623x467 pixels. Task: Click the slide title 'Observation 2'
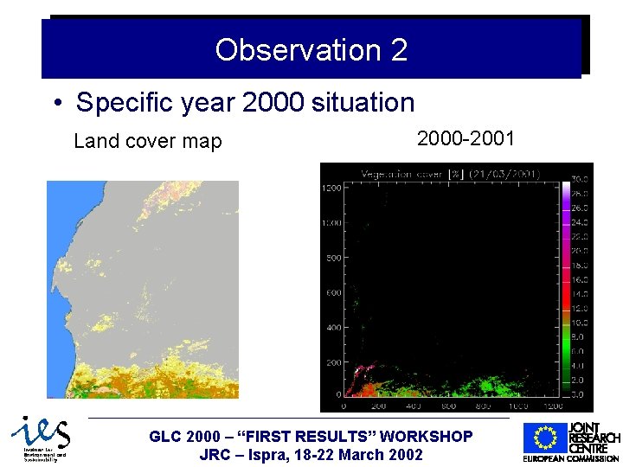pyautogui.click(x=311, y=50)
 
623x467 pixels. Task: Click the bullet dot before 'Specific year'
pyautogui.click(x=56, y=104)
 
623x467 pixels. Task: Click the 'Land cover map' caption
pyautogui.click(x=148, y=141)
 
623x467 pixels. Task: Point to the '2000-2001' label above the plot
pyautogui.click(x=466, y=138)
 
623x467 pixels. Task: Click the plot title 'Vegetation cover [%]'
pyautogui.click(x=411, y=174)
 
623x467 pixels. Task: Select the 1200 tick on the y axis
pyautogui.click(x=331, y=188)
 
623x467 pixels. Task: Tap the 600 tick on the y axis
pyautogui.click(x=334, y=293)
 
